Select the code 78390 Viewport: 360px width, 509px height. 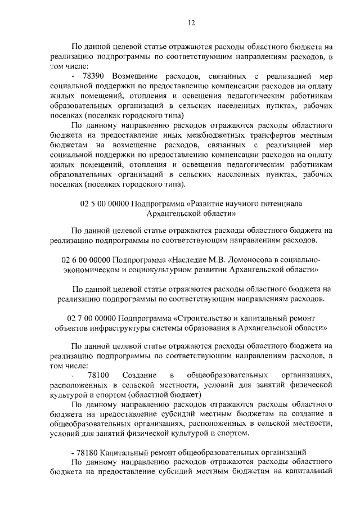click(95, 76)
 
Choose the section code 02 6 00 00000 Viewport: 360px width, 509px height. click(85, 260)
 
